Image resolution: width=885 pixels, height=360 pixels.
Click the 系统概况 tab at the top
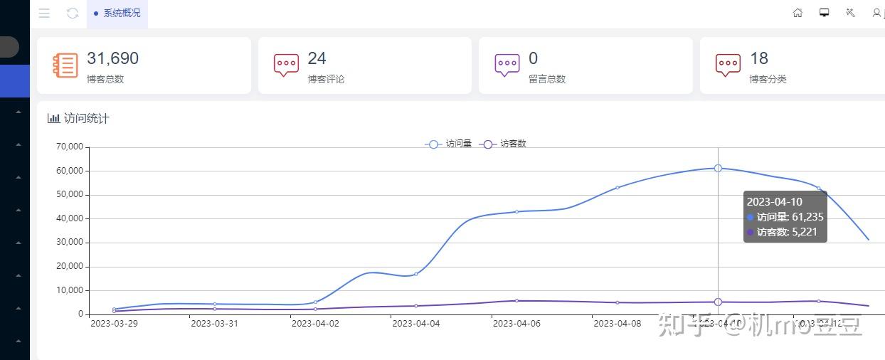point(117,14)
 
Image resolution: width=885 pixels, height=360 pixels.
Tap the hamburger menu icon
point(44,14)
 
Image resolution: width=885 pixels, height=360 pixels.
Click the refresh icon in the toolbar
point(73,14)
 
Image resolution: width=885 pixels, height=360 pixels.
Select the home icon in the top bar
point(798,13)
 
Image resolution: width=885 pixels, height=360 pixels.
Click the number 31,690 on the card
point(112,58)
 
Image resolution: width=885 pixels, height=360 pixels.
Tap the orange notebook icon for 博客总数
point(65,65)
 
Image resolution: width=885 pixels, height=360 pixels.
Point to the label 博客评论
point(326,79)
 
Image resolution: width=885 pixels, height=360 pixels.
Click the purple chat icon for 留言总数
point(507,65)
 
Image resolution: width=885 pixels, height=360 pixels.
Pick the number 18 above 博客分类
point(759,58)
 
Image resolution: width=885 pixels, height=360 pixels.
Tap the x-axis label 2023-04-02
point(315,324)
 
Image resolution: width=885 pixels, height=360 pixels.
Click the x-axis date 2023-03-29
point(115,324)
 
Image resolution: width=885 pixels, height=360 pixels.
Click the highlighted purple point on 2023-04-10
point(718,302)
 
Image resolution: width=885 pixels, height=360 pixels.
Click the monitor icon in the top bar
point(825,13)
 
